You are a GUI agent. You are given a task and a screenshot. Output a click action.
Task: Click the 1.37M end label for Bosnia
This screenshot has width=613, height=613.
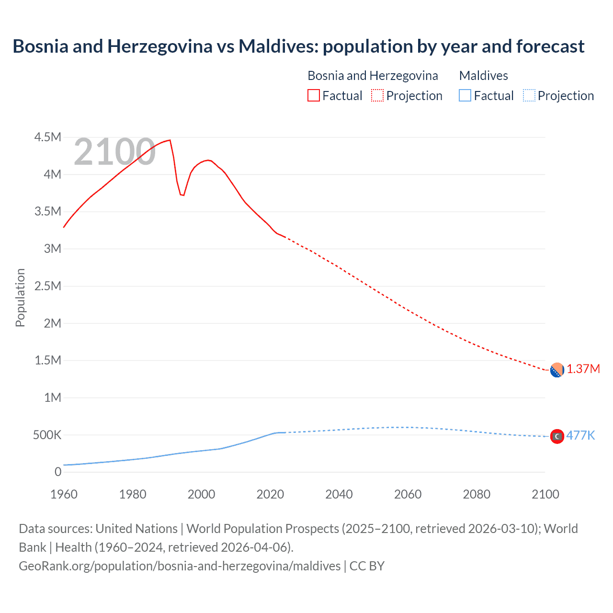pyautogui.click(x=583, y=369)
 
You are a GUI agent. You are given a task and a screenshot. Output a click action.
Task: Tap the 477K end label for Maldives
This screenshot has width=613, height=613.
pyautogui.click(x=580, y=435)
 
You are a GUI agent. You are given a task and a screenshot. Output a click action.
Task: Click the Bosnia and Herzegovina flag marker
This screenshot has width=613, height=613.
pyautogui.click(x=556, y=370)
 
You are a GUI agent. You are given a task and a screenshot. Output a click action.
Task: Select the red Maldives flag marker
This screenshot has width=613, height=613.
pyautogui.click(x=556, y=436)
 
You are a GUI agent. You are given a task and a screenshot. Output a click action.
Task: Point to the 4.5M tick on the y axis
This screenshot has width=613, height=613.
pyautogui.click(x=48, y=137)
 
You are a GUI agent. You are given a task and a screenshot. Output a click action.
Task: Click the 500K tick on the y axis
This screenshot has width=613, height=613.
pyautogui.click(x=47, y=435)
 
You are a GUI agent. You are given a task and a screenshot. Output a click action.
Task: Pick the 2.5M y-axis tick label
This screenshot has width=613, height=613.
pyautogui.click(x=48, y=286)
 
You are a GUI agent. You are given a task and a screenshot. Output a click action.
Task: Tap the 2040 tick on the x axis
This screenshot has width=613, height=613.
pyautogui.click(x=339, y=494)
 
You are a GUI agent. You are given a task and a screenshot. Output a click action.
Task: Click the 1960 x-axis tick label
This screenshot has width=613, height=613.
pyautogui.click(x=64, y=494)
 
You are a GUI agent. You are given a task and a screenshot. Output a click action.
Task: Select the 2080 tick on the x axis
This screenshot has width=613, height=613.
pyautogui.click(x=477, y=494)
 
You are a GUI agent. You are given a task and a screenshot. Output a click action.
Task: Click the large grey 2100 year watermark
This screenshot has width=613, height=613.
pyautogui.click(x=114, y=152)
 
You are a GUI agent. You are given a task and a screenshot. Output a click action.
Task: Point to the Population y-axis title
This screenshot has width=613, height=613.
pyautogui.click(x=20, y=297)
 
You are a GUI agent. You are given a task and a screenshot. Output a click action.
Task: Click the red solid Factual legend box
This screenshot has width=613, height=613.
pyautogui.click(x=313, y=95)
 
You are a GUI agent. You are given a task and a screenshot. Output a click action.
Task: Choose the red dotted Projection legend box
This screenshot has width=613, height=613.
pyautogui.click(x=377, y=95)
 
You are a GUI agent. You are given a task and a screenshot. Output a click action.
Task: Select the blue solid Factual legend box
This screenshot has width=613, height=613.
pyautogui.click(x=465, y=95)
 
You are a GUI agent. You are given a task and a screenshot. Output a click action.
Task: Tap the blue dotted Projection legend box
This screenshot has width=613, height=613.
pyautogui.click(x=529, y=95)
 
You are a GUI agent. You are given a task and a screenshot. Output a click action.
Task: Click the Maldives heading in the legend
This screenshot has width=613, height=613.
pyautogui.click(x=483, y=76)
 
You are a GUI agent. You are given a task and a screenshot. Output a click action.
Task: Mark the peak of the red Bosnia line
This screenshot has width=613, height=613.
pyautogui.click(x=170, y=140)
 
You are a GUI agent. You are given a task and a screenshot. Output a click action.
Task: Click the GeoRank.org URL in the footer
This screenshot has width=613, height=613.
pyautogui.click(x=180, y=566)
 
